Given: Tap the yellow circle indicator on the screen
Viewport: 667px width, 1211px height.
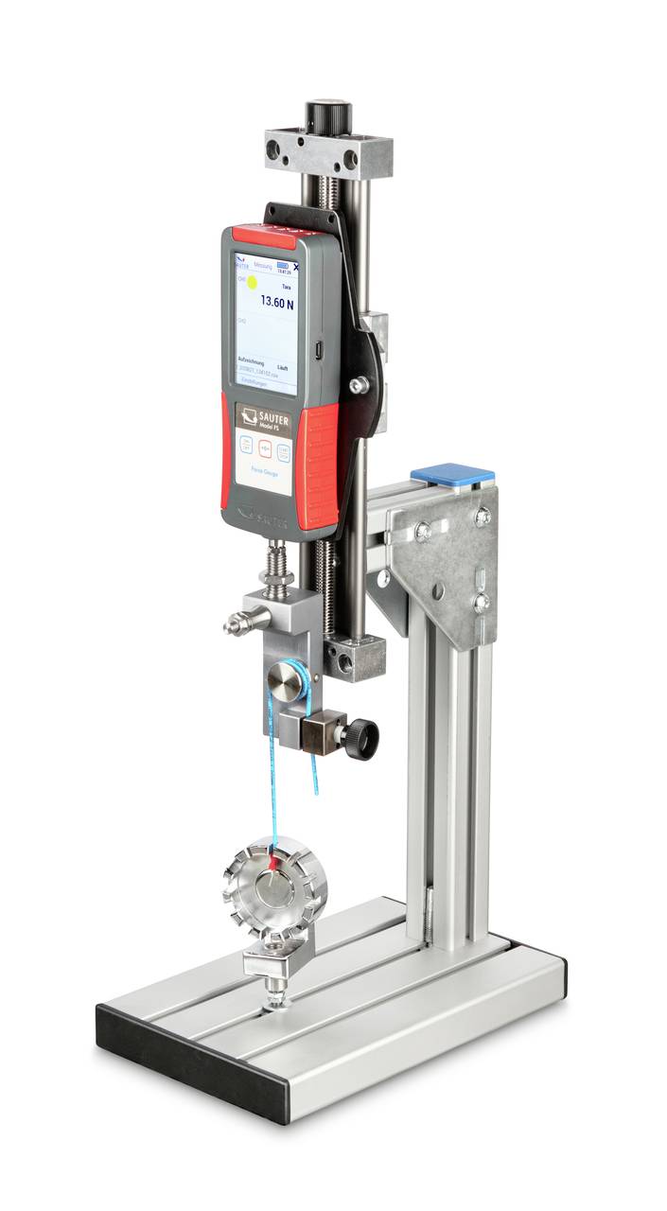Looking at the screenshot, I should (253, 282).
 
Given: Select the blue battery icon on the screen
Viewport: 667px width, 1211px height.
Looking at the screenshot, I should (283, 267).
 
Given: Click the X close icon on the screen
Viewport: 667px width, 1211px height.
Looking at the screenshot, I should (296, 269).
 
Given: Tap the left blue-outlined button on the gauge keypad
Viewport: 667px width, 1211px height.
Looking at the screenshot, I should (246, 448).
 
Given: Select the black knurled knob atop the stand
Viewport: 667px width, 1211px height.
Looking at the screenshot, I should (328, 115).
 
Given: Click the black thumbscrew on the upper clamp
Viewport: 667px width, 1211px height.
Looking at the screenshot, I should (361, 736).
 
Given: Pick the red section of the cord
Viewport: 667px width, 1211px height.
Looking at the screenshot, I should (275, 860).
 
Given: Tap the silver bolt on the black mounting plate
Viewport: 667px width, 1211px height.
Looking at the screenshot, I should (359, 385).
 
